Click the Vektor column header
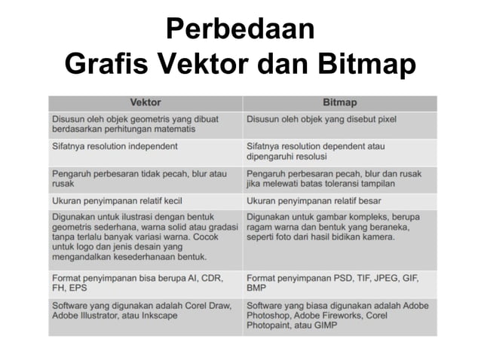click(146, 102)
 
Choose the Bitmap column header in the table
click(339, 102)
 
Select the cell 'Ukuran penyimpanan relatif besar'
click(314, 201)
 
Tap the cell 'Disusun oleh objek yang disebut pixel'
click(321, 119)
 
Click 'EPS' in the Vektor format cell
click(77, 288)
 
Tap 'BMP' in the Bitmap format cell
click(258, 288)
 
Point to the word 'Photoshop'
click(270, 316)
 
